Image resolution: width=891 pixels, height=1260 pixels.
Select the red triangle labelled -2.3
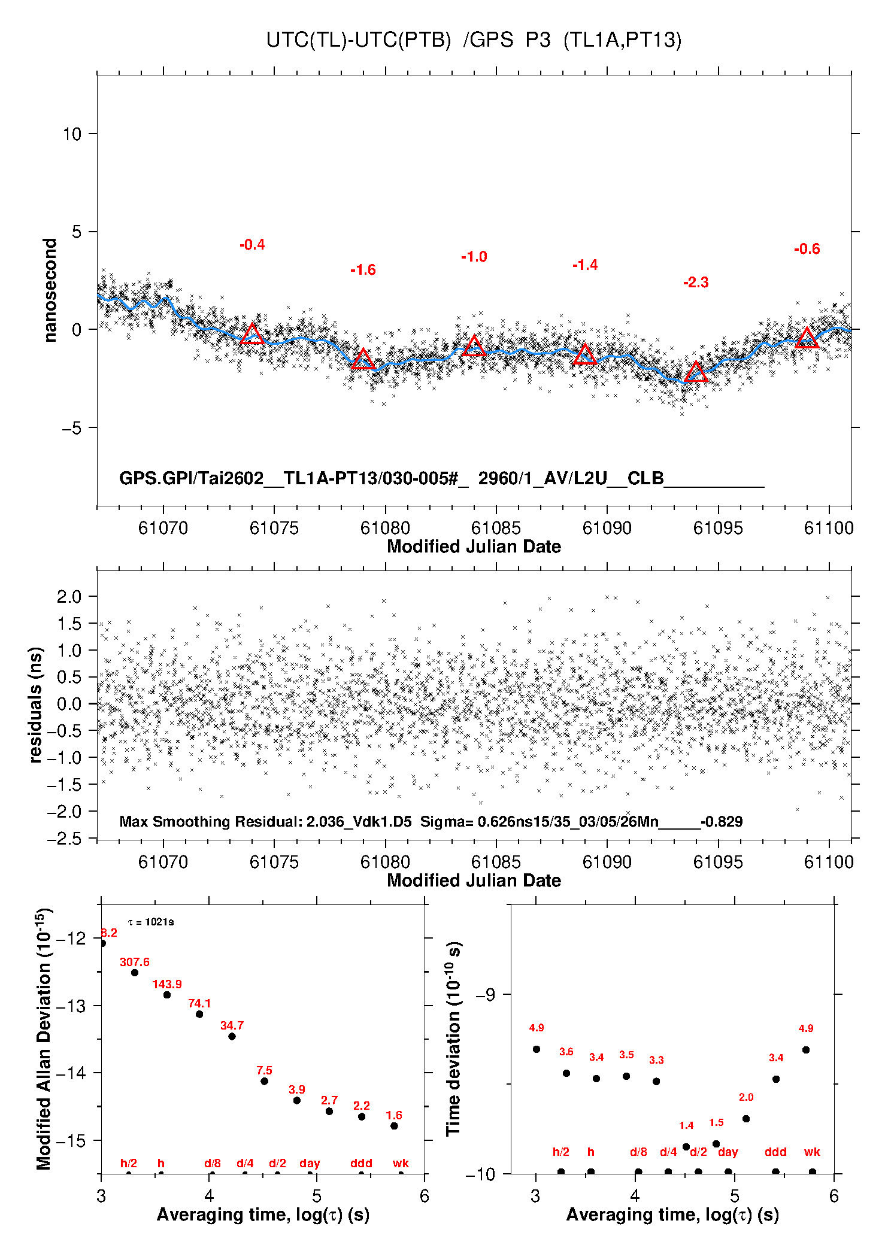[x=696, y=373]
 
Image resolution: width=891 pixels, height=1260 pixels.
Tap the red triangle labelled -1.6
[x=363, y=360]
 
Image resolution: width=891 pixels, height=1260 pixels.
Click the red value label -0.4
[x=252, y=245]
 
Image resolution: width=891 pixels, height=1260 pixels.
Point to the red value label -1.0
[x=474, y=257]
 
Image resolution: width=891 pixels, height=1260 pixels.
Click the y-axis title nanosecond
[x=50, y=290]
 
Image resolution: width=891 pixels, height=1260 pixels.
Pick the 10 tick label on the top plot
[x=72, y=134]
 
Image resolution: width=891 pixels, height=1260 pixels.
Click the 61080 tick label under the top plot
[x=385, y=528]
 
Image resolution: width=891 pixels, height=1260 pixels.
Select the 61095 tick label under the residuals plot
[x=718, y=862]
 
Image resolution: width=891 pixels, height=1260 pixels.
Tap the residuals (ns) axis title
[x=36, y=705]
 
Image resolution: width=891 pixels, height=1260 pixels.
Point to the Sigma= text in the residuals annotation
[x=447, y=822]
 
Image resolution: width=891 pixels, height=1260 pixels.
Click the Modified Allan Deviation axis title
[x=44, y=1039]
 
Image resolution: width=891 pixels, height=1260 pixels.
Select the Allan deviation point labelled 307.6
[x=135, y=973]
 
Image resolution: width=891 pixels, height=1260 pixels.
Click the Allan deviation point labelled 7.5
[x=264, y=1081]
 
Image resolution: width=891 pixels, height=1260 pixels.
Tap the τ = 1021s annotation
[x=151, y=922]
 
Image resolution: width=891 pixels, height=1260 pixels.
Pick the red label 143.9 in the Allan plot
[x=167, y=985]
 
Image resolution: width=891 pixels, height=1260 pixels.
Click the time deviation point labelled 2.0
[x=746, y=1119]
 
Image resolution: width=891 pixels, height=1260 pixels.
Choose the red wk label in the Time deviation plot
[x=812, y=1152]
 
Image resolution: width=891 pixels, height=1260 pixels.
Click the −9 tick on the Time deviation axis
[x=486, y=995]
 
